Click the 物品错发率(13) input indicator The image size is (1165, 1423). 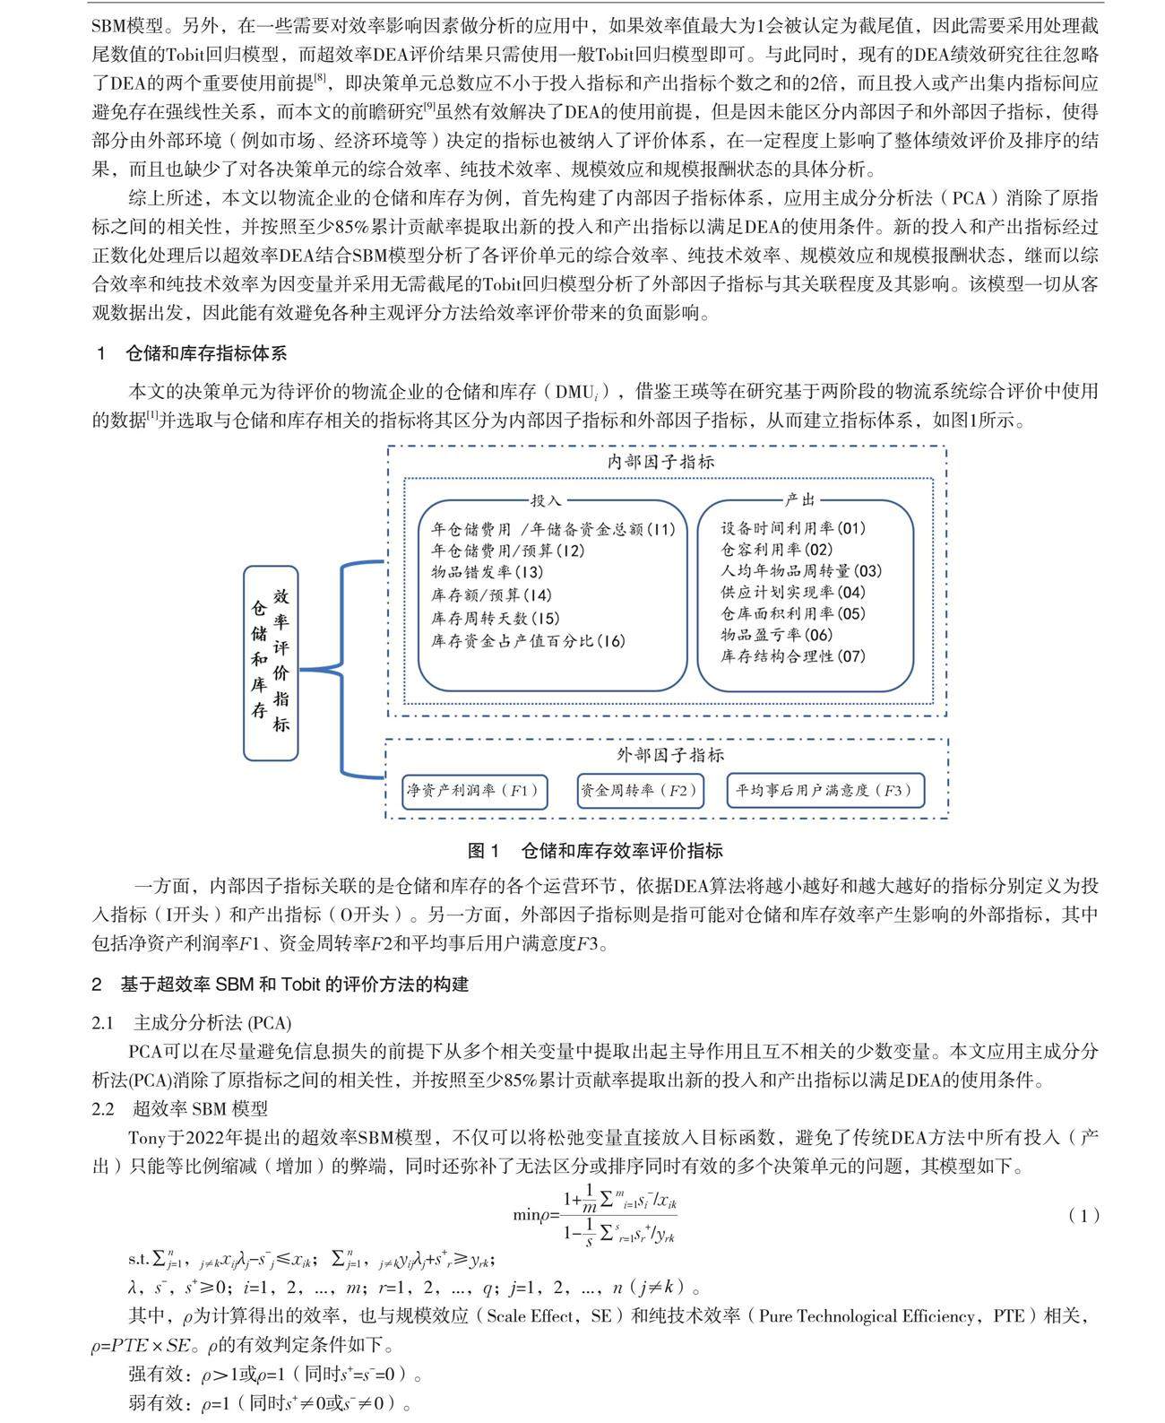click(x=487, y=572)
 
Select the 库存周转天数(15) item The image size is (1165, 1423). click(x=495, y=618)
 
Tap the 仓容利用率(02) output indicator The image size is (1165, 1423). click(x=776, y=550)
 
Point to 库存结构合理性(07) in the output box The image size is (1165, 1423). click(x=792, y=656)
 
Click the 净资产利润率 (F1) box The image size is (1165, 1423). click(x=474, y=791)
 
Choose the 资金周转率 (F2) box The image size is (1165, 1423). click(x=638, y=791)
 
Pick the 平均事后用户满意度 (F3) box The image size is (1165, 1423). click(x=824, y=791)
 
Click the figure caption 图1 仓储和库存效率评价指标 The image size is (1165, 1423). click(x=595, y=851)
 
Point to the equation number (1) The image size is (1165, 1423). click(x=1083, y=1216)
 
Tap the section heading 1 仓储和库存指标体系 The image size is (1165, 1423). click(x=191, y=353)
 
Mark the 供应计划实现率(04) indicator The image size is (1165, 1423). click(x=792, y=593)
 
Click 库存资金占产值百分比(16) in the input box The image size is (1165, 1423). click(x=528, y=641)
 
